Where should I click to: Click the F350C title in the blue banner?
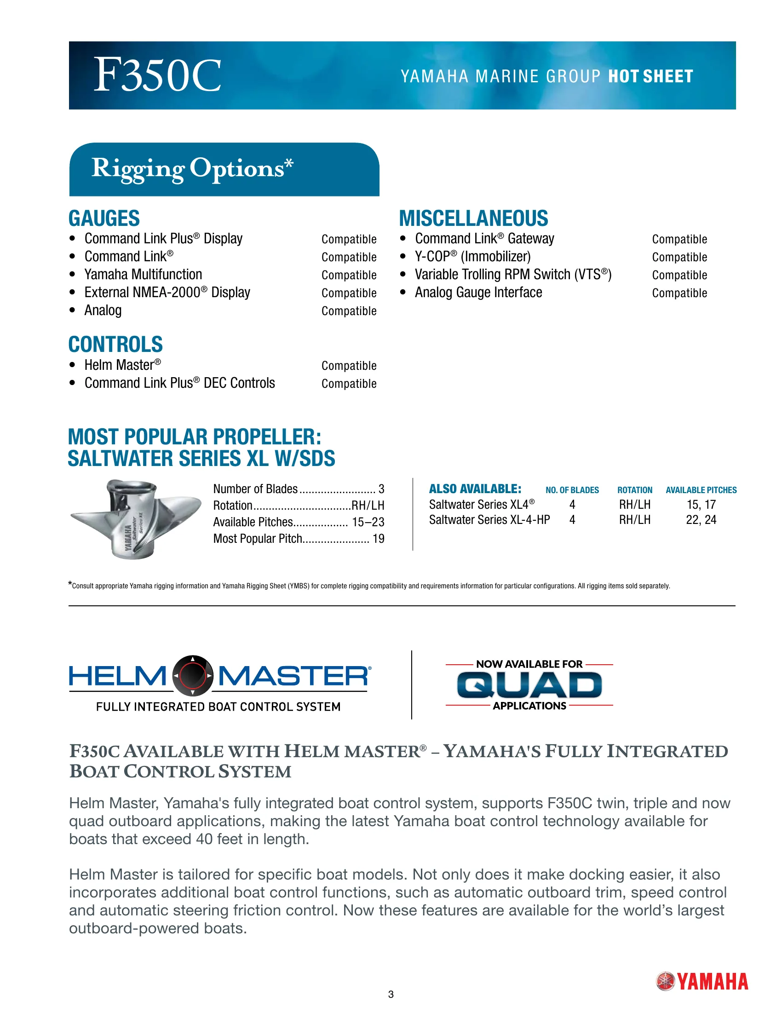pyautogui.click(x=157, y=75)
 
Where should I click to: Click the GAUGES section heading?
pyautogui.click(x=104, y=218)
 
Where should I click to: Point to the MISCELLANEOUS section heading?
pyautogui.click(x=473, y=218)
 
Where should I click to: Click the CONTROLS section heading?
pyautogui.click(x=115, y=344)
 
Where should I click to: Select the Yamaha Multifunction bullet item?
pyautogui.click(x=143, y=275)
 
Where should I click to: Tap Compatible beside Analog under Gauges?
pyautogui.click(x=349, y=311)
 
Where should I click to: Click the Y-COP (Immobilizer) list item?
pyautogui.click(x=472, y=257)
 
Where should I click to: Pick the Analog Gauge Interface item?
pyautogui.click(x=478, y=293)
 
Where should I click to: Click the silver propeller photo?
pyautogui.click(x=135, y=518)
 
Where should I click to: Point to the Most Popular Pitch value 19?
pyautogui.click(x=379, y=539)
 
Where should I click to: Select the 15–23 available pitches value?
pyautogui.click(x=368, y=522)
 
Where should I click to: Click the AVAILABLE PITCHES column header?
pyautogui.click(x=701, y=490)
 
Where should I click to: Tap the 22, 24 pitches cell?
pyautogui.click(x=701, y=520)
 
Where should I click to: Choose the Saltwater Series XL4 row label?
pyautogui.click(x=481, y=505)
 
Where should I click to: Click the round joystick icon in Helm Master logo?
pyautogui.click(x=193, y=676)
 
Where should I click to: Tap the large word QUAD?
pyautogui.click(x=529, y=685)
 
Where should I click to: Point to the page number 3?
pyautogui.click(x=391, y=995)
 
